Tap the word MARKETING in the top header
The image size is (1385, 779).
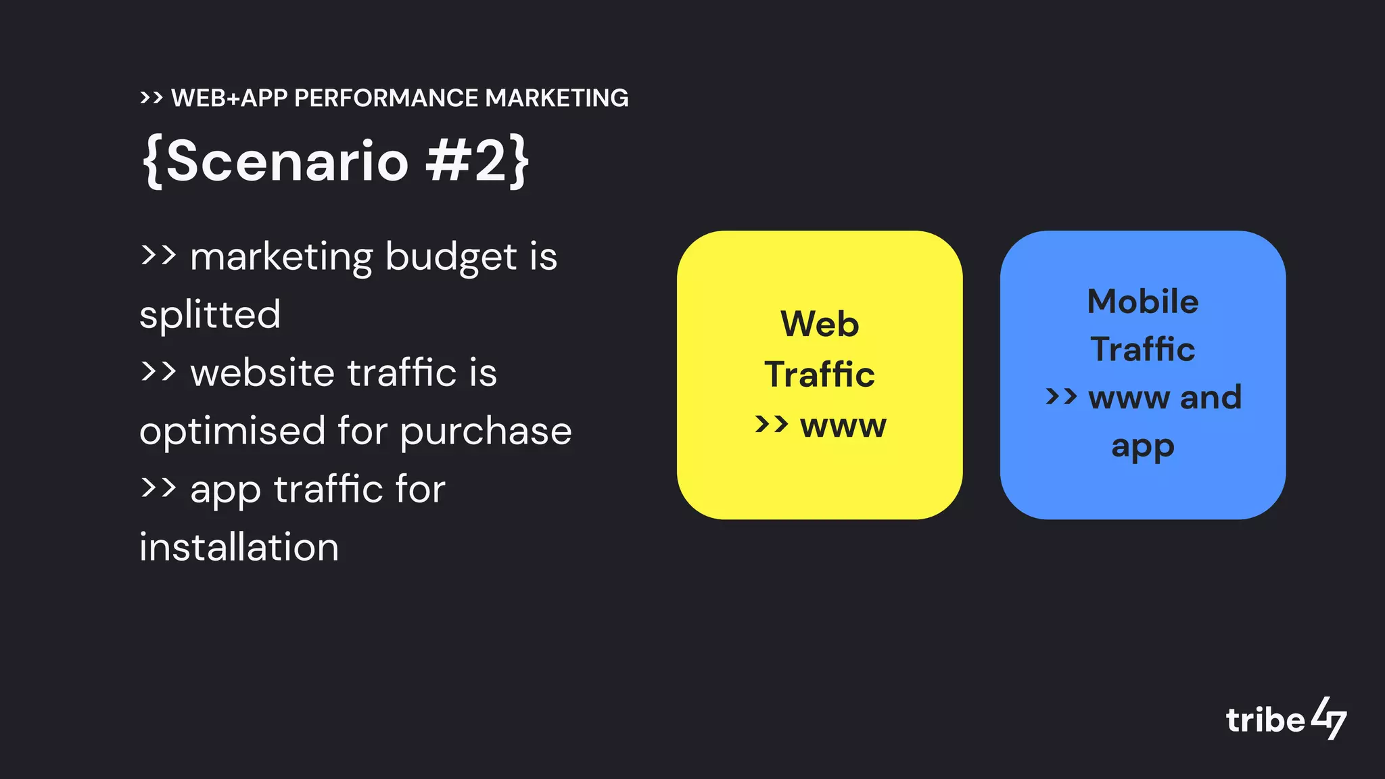pyautogui.click(x=557, y=98)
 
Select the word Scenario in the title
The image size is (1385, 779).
pyautogui.click(x=287, y=161)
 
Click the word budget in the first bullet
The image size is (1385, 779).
pyautogui.click(x=451, y=257)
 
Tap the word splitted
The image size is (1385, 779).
pyautogui.click(x=210, y=315)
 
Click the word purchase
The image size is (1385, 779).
pyautogui.click(x=486, y=431)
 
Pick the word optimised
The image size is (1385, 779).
pyautogui.click(x=232, y=431)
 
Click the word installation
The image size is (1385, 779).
pyautogui.click(x=239, y=547)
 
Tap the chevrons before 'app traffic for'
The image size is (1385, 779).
pyautogui.click(x=158, y=487)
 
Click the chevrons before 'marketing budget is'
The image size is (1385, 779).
pyautogui.click(x=158, y=255)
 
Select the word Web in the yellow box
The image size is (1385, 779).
pyautogui.click(x=820, y=324)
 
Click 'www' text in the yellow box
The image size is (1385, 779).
pyautogui.click(x=843, y=425)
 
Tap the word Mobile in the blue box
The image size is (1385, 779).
pyautogui.click(x=1142, y=302)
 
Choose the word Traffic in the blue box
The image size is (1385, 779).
pyautogui.click(x=1142, y=350)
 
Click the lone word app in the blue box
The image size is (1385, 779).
pyautogui.click(x=1142, y=447)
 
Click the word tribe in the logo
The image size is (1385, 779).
pyautogui.click(x=1265, y=720)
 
